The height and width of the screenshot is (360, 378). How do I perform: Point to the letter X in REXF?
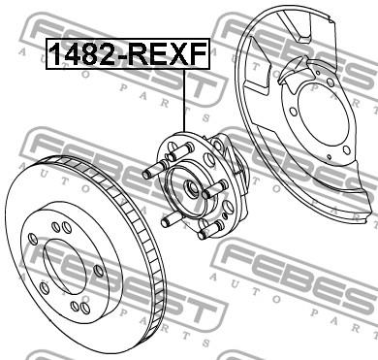[178, 54]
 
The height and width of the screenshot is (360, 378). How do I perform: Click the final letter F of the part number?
[198, 54]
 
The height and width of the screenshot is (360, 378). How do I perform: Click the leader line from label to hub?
[184, 101]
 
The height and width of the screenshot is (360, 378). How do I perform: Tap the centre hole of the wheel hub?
[191, 188]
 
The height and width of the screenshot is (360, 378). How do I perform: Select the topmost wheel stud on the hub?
[179, 152]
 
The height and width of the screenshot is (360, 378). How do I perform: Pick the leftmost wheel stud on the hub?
[156, 170]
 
